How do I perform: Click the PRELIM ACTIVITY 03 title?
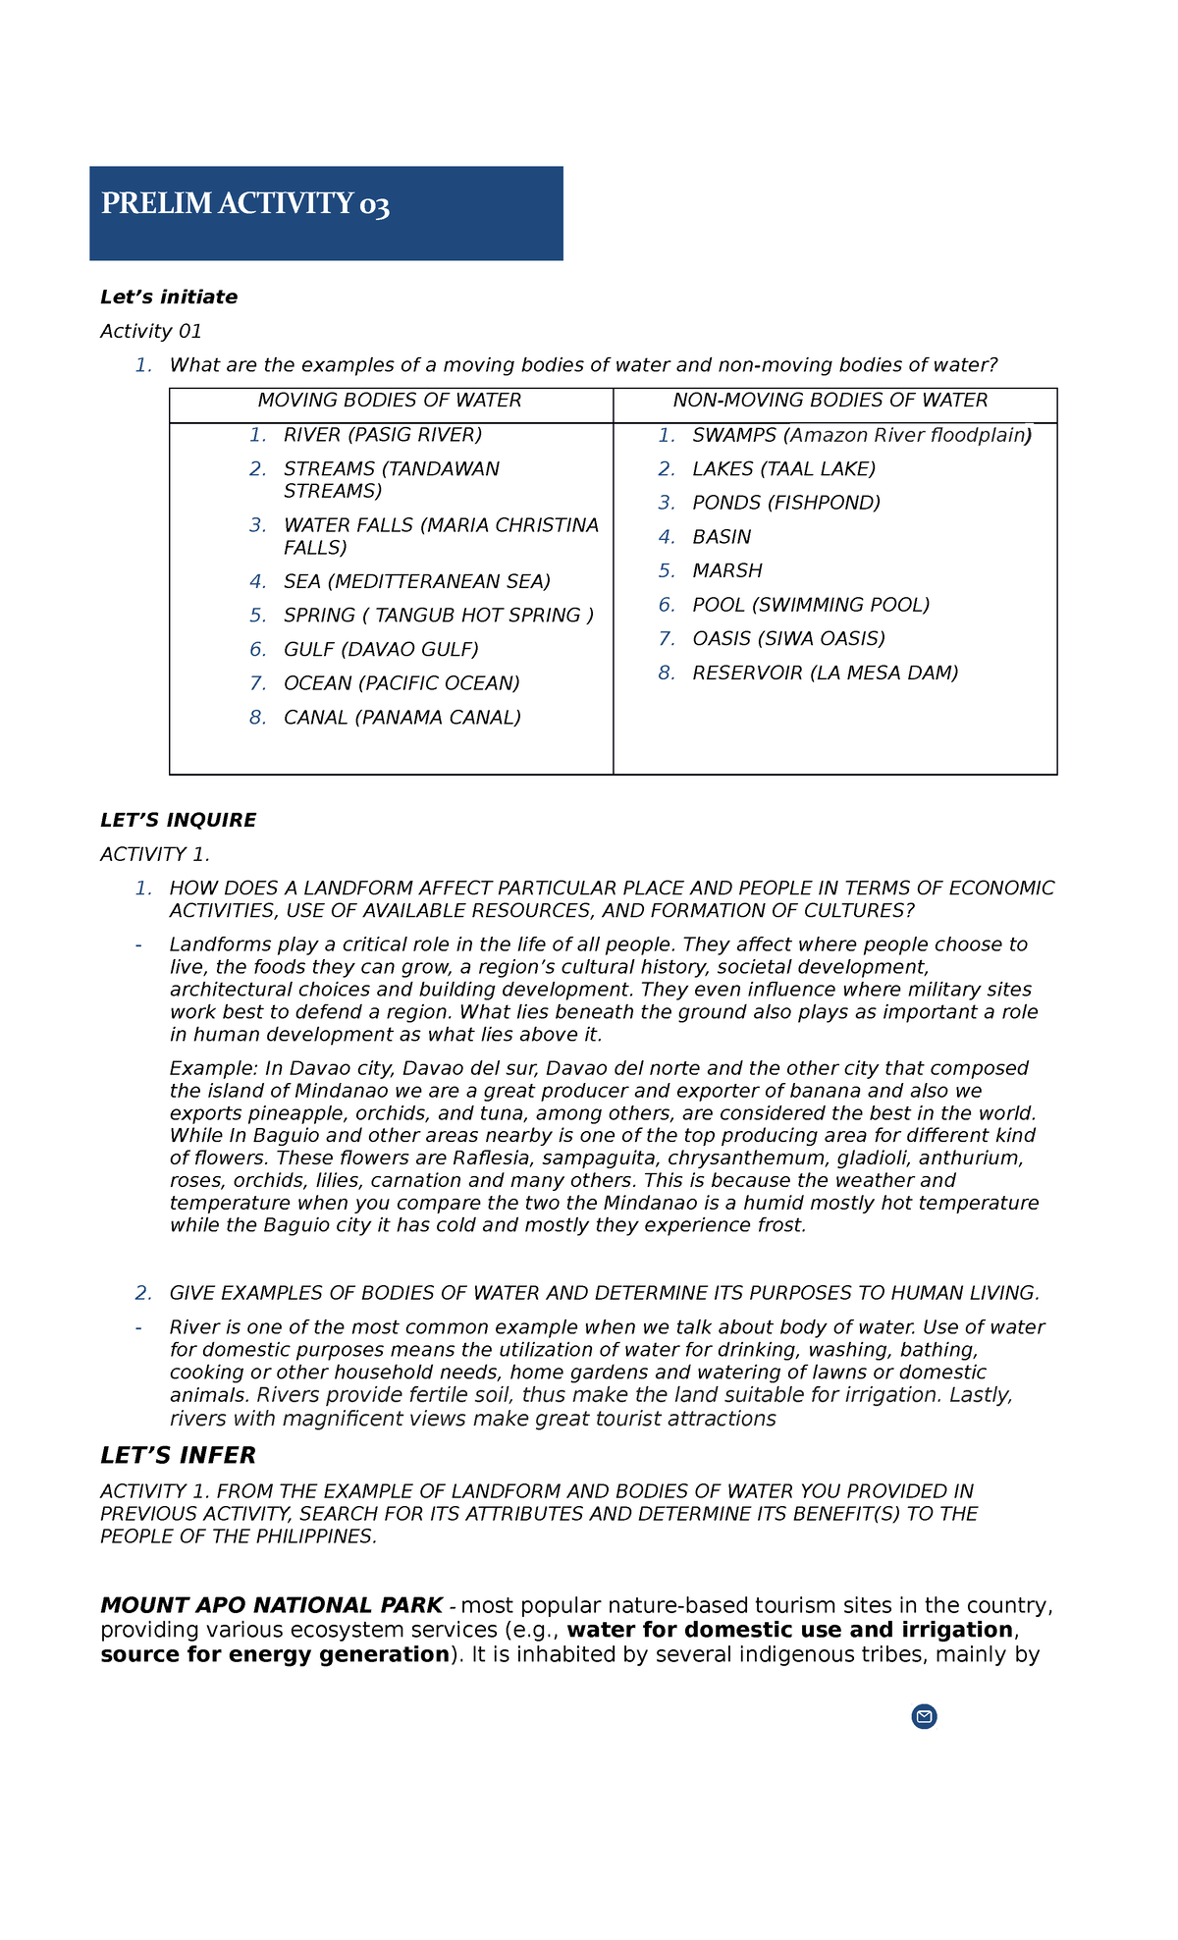[x=244, y=204]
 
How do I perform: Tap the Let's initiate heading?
[x=169, y=297]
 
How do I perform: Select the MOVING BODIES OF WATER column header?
[x=390, y=401]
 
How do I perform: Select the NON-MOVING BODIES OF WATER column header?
[x=830, y=401]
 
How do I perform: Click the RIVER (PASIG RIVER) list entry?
[x=383, y=435]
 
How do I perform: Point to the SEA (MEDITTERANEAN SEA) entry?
[x=417, y=582]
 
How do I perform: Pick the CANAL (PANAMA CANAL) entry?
[x=402, y=718]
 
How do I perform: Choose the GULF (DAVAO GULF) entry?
[x=381, y=650]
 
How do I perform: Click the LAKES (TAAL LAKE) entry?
[x=783, y=469]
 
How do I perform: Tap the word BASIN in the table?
[x=722, y=537]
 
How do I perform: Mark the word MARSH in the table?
[x=727, y=571]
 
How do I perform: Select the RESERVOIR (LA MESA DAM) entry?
[x=825, y=674]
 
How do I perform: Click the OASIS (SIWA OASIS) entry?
[x=788, y=639]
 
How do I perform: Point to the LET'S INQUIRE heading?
[x=178, y=821]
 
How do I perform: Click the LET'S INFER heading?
[x=178, y=1456]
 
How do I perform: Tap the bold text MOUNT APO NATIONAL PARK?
[x=271, y=1606]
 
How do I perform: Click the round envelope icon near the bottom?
[x=924, y=1716]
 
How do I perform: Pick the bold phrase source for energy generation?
[x=274, y=1655]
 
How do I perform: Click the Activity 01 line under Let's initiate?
[x=151, y=332]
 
